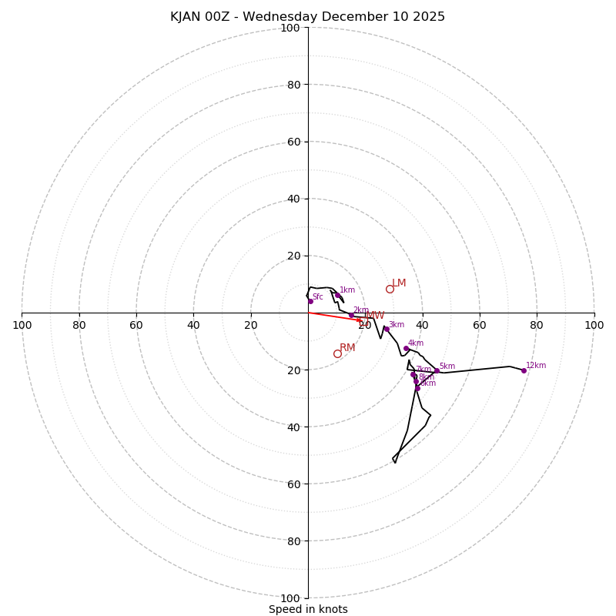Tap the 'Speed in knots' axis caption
(308, 609)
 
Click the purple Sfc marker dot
(310, 301)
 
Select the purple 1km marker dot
(337, 295)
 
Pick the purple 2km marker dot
(351, 315)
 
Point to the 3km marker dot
(387, 330)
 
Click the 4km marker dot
(406, 348)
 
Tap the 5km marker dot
(436, 371)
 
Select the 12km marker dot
(524, 370)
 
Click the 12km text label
(536, 366)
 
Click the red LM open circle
(390, 289)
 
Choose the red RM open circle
(337, 353)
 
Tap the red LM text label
(399, 283)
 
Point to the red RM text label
(347, 348)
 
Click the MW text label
(375, 316)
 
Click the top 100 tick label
(290, 28)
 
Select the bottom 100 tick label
(290, 598)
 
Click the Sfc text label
(317, 297)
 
